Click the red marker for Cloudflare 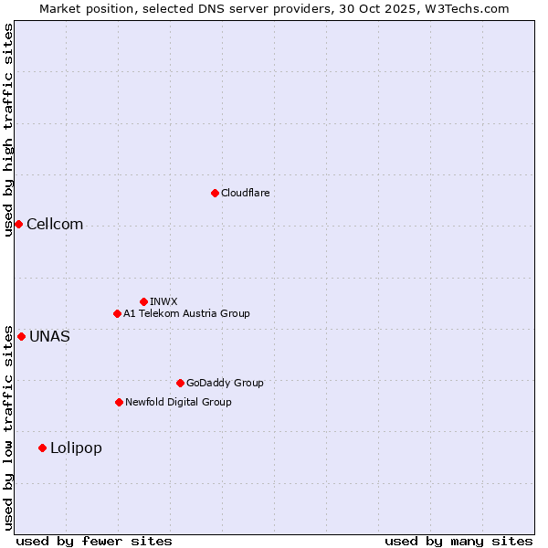click(215, 193)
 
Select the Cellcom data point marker click(18, 224)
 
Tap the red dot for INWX click(143, 301)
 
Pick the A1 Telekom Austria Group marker click(117, 313)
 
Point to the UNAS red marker click(21, 336)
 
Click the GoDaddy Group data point click(180, 383)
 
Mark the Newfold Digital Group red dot click(119, 402)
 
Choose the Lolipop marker click(42, 448)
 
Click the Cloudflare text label click(245, 193)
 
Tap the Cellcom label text click(55, 225)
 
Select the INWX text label click(163, 301)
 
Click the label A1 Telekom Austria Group click(186, 313)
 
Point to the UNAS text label click(49, 337)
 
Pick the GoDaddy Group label click(225, 383)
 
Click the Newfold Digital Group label click(178, 402)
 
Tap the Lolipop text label click(76, 448)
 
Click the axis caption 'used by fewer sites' click(94, 542)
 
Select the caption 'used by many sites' click(458, 542)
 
